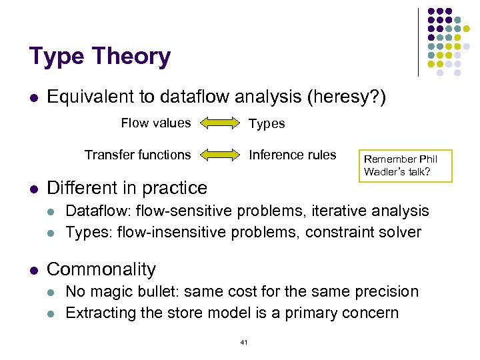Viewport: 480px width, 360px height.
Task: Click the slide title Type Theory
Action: pos(100,57)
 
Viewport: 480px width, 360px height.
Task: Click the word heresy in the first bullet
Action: pos(345,97)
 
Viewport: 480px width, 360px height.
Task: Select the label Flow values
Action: pos(155,123)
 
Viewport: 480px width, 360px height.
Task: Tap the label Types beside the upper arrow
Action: pos(267,123)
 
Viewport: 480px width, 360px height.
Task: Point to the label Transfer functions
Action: pos(137,155)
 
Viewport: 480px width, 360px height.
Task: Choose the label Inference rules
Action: pos(293,155)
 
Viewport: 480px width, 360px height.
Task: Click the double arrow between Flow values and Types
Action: pos(219,123)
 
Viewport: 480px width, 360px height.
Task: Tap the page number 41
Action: pos(243,342)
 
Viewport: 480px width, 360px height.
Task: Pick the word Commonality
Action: pos(101,269)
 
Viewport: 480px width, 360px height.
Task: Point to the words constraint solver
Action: pos(363,232)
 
